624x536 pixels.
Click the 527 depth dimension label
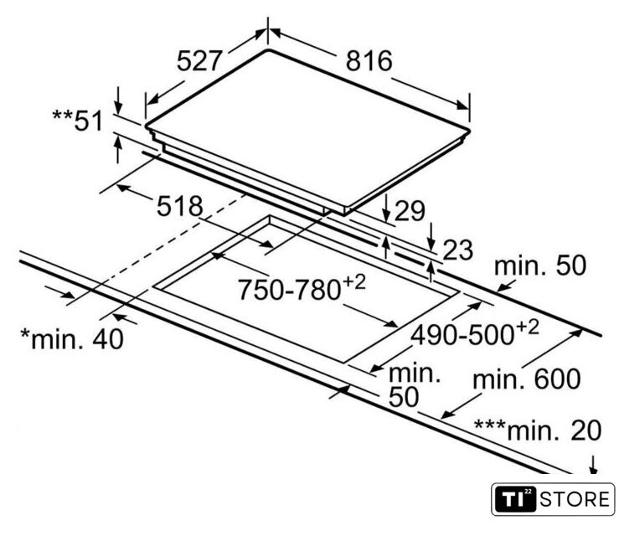[199, 61]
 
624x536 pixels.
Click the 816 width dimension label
[369, 61]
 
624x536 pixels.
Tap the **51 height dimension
[78, 121]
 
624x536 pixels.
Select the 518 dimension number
[180, 206]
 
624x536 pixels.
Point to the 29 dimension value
[410, 211]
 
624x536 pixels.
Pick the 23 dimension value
[457, 250]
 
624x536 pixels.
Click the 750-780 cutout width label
[289, 290]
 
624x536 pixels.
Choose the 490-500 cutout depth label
[462, 335]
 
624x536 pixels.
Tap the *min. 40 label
[72, 339]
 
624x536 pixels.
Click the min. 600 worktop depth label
[527, 379]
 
